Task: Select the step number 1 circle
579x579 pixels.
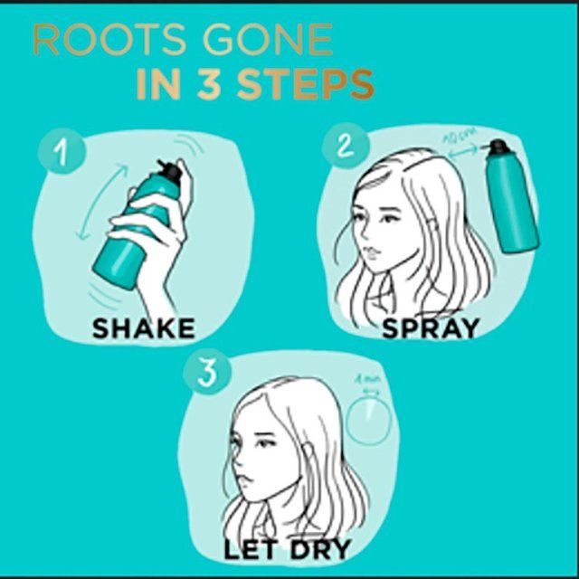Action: [x=55, y=151]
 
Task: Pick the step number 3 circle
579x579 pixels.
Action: [x=206, y=374]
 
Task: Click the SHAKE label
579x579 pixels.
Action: [x=143, y=328]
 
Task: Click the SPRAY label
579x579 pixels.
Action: [x=430, y=327]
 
